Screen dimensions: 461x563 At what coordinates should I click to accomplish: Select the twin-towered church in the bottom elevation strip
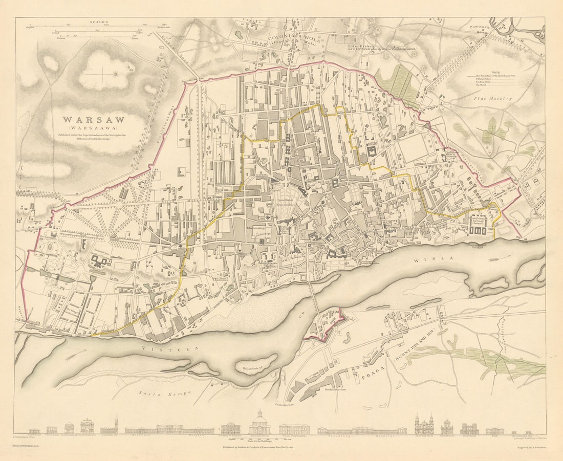424,424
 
